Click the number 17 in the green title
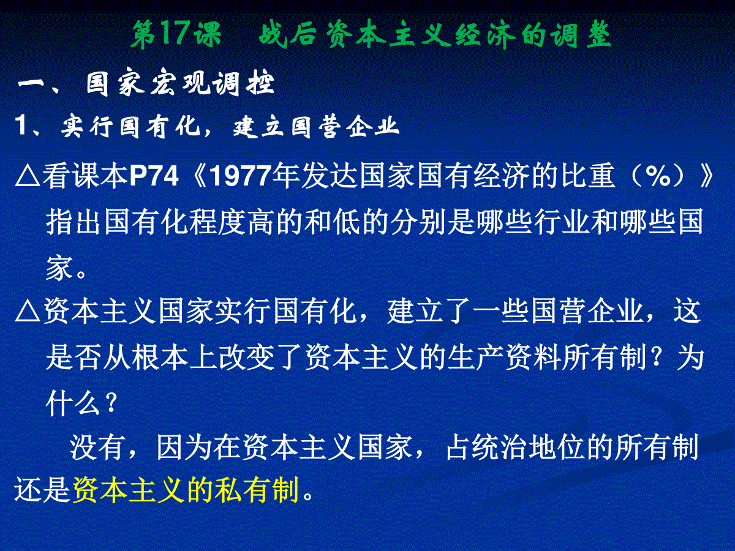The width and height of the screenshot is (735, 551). click(175, 35)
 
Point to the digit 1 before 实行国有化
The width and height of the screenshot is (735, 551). click(21, 126)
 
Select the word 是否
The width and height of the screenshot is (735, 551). click(73, 358)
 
